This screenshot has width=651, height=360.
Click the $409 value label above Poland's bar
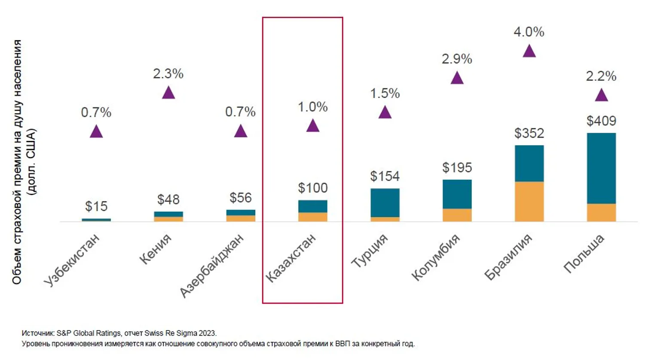coord(601,121)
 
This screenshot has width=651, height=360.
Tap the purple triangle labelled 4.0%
coord(529,52)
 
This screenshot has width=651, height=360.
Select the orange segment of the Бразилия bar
coord(529,201)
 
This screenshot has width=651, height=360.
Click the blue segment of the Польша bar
coord(601,168)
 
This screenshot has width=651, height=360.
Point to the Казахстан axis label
coord(291,258)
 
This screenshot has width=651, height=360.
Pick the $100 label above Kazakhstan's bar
coord(312,188)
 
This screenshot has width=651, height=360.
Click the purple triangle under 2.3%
coord(168,92)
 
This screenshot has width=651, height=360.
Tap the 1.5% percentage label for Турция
coord(385,93)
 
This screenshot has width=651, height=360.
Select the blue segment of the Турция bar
coord(385,202)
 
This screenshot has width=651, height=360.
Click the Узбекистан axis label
coord(72,260)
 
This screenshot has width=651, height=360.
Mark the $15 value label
coord(96,207)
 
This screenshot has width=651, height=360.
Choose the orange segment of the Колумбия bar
coord(457,215)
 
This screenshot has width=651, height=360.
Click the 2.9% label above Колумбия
coord(457,59)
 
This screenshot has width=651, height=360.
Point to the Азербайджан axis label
coord(212,265)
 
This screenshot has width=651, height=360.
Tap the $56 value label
coord(240,198)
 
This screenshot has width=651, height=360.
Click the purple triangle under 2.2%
coord(601,95)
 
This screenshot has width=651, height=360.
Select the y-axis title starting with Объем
coord(24,162)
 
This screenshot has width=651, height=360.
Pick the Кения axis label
coord(155,249)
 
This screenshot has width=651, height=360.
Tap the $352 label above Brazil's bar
coord(529,133)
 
